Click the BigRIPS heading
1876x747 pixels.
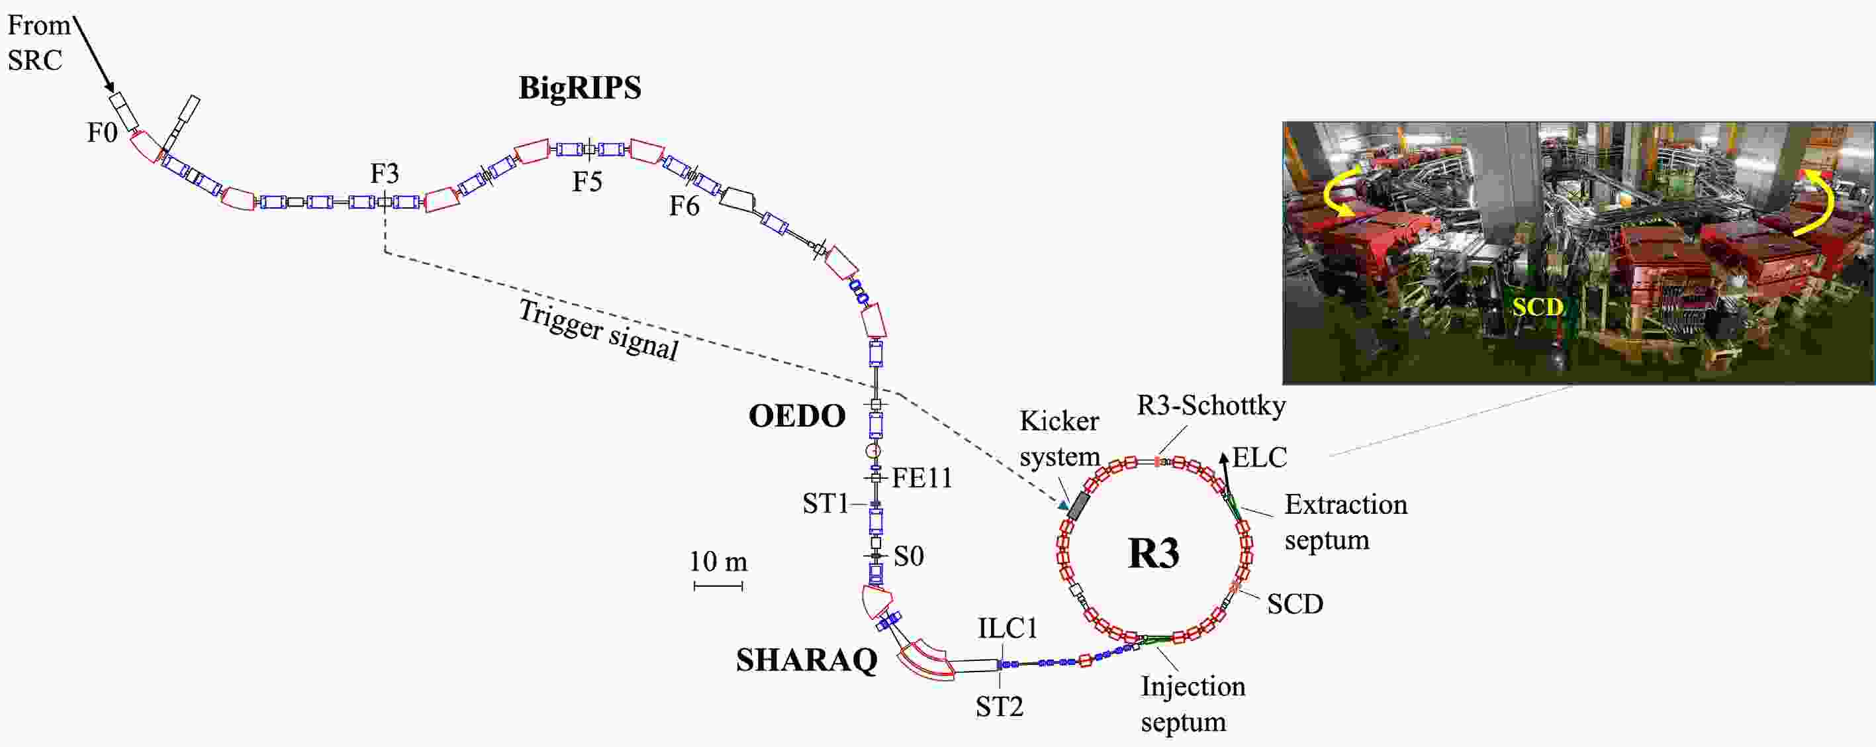(580, 88)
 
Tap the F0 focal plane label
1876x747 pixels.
(102, 132)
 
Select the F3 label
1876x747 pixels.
(385, 174)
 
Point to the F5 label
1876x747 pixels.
(587, 181)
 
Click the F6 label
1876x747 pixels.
(684, 206)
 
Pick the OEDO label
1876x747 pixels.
(797, 416)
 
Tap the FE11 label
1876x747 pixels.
(922, 478)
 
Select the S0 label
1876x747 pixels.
(909, 557)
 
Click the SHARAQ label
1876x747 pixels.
(807, 660)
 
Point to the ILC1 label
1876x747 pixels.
(1008, 628)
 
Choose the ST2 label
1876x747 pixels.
(999, 706)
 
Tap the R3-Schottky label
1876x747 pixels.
(1211, 405)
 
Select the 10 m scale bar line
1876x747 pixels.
(718, 585)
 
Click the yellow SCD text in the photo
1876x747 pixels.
(1538, 307)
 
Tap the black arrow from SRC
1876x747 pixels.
(94, 55)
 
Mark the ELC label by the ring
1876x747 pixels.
(1260, 458)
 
